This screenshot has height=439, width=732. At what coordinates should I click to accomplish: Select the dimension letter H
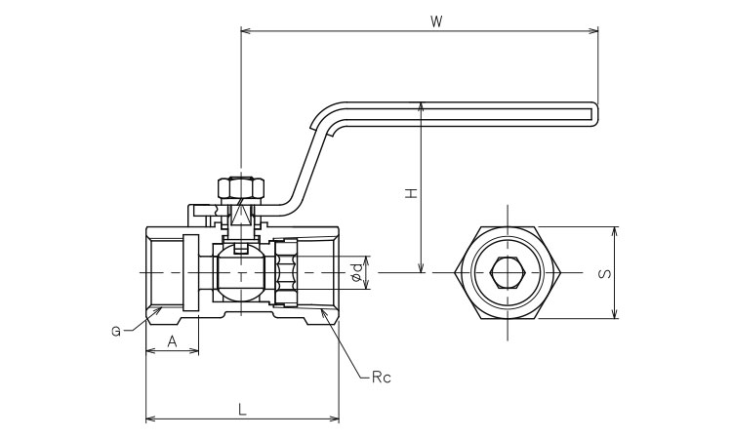(412, 193)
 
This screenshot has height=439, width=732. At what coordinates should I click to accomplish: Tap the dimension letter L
(242, 411)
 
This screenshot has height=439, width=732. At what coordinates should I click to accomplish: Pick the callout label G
(115, 332)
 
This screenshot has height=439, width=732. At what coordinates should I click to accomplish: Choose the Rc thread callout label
(381, 377)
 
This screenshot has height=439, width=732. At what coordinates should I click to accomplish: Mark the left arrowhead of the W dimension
(244, 32)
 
